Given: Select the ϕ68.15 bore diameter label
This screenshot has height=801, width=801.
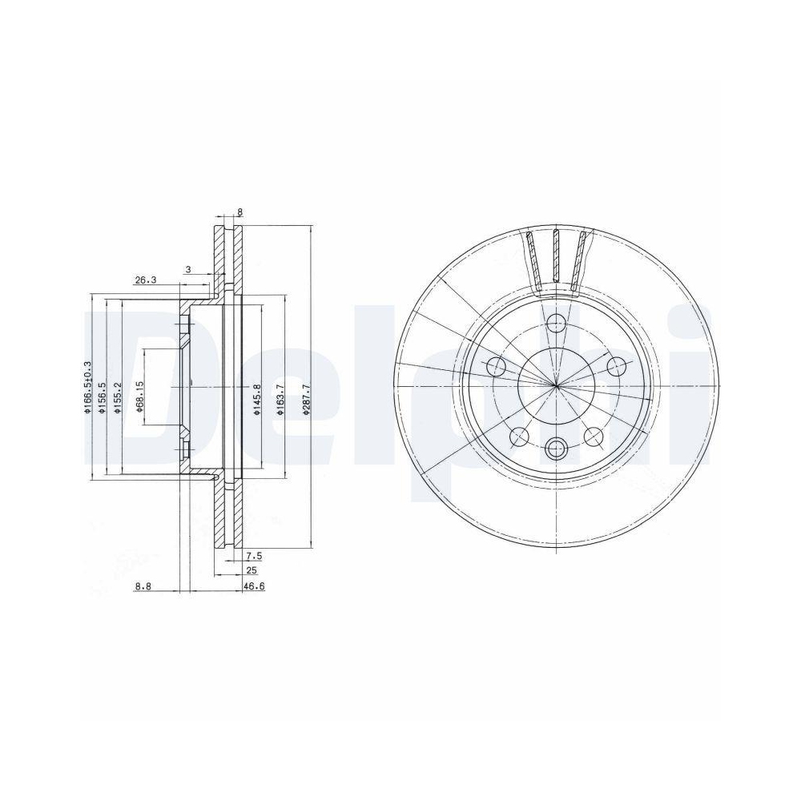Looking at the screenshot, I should point(139,394).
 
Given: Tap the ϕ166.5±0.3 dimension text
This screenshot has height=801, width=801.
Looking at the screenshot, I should point(88,388).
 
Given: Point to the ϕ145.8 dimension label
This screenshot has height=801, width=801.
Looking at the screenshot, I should point(257,399).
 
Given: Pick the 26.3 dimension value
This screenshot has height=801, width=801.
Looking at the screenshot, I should point(144,280).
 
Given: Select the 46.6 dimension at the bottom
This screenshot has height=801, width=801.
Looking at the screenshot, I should point(254,587).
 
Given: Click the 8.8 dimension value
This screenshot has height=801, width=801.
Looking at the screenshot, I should point(143,587).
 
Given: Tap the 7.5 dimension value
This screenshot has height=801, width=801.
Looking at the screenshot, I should point(253,555).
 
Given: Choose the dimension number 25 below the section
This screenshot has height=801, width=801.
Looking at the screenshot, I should point(252,570).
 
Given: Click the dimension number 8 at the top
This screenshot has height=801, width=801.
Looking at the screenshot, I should point(239,213).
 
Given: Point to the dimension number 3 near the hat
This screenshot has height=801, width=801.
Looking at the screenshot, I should point(187,270).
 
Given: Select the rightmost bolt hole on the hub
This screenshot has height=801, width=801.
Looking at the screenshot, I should point(615,367).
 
